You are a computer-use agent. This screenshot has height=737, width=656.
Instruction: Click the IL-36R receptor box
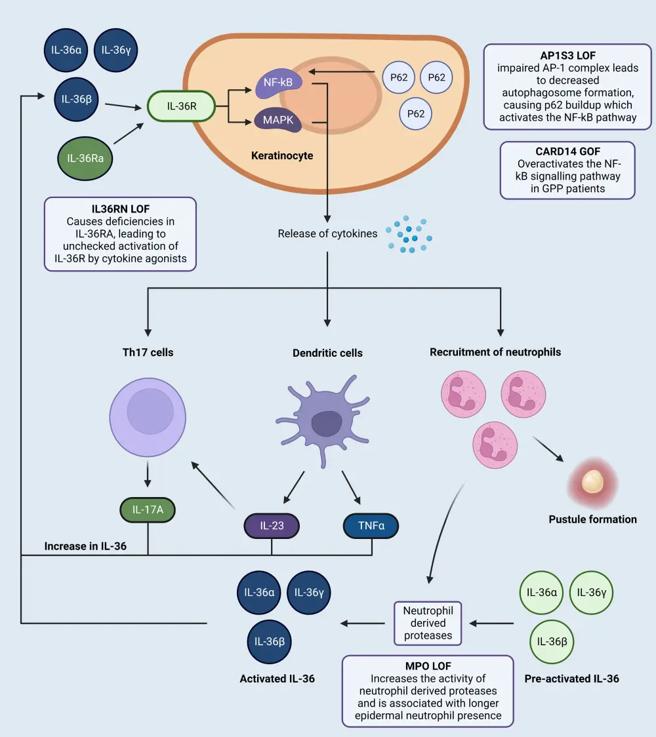[182, 105]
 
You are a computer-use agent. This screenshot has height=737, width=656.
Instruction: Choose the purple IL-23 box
[272, 525]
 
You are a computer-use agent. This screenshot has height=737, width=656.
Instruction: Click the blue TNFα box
[371, 525]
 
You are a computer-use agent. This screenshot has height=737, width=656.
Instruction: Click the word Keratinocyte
[282, 157]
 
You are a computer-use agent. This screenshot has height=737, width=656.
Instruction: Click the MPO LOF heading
[428, 666]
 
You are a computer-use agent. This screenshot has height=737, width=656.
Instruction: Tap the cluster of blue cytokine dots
[410, 234]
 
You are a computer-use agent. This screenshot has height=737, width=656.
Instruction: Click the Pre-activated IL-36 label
[571, 679]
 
